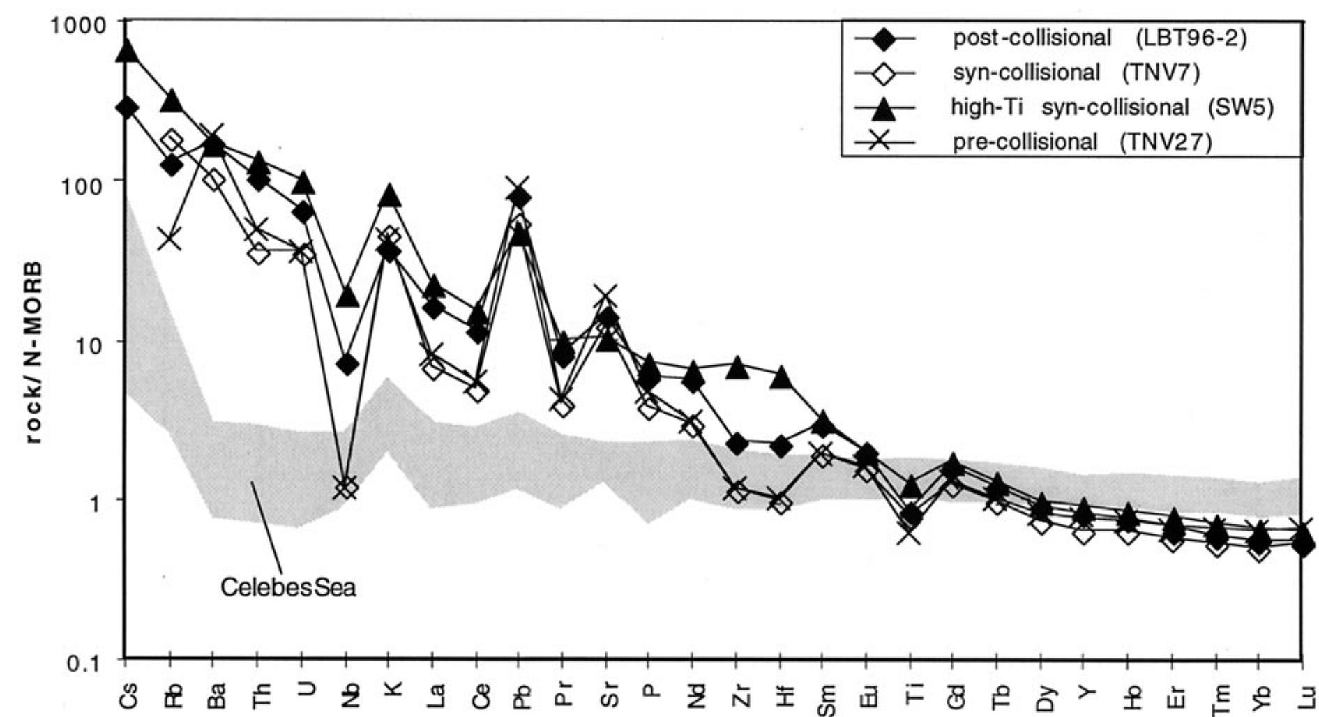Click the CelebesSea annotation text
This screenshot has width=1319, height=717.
click(288, 587)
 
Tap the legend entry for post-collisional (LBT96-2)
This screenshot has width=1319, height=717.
click(1099, 38)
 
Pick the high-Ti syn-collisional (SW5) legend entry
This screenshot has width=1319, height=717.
click(1112, 107)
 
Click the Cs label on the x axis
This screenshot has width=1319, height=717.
click(128, 693)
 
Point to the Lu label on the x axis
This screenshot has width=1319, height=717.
click(1302, 693)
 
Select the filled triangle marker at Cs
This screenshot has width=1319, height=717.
click(127, 50)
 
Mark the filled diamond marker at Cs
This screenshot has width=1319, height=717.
click(127, 107)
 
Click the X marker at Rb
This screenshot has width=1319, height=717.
click(170, 239)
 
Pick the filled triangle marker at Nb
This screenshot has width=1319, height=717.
click(347, 297)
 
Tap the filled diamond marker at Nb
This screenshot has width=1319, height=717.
click(347, 363)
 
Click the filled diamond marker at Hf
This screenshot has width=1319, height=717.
click(781, 446)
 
